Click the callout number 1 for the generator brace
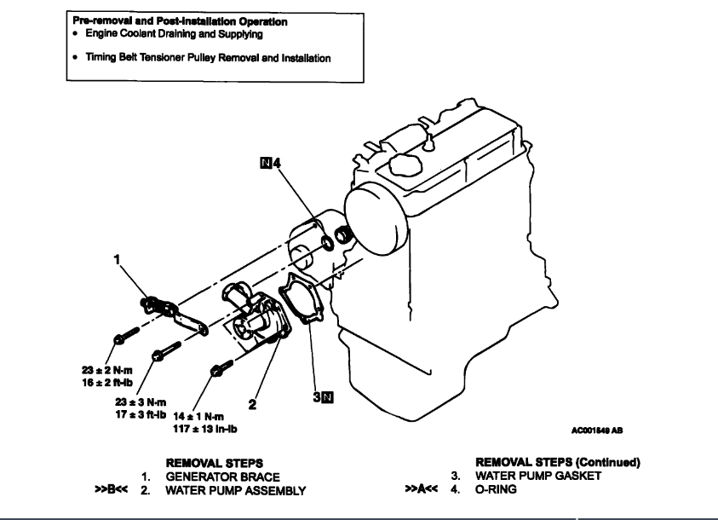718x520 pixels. pos(116,260)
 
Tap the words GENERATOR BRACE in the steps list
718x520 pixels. pos(221,477)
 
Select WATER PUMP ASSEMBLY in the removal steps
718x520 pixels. pos(235,490)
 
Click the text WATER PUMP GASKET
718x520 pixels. pos(538,477)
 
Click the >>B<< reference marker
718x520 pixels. pos(110,490)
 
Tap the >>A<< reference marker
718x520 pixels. pos(422,490)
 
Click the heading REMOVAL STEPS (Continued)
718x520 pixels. pos(557,463)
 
